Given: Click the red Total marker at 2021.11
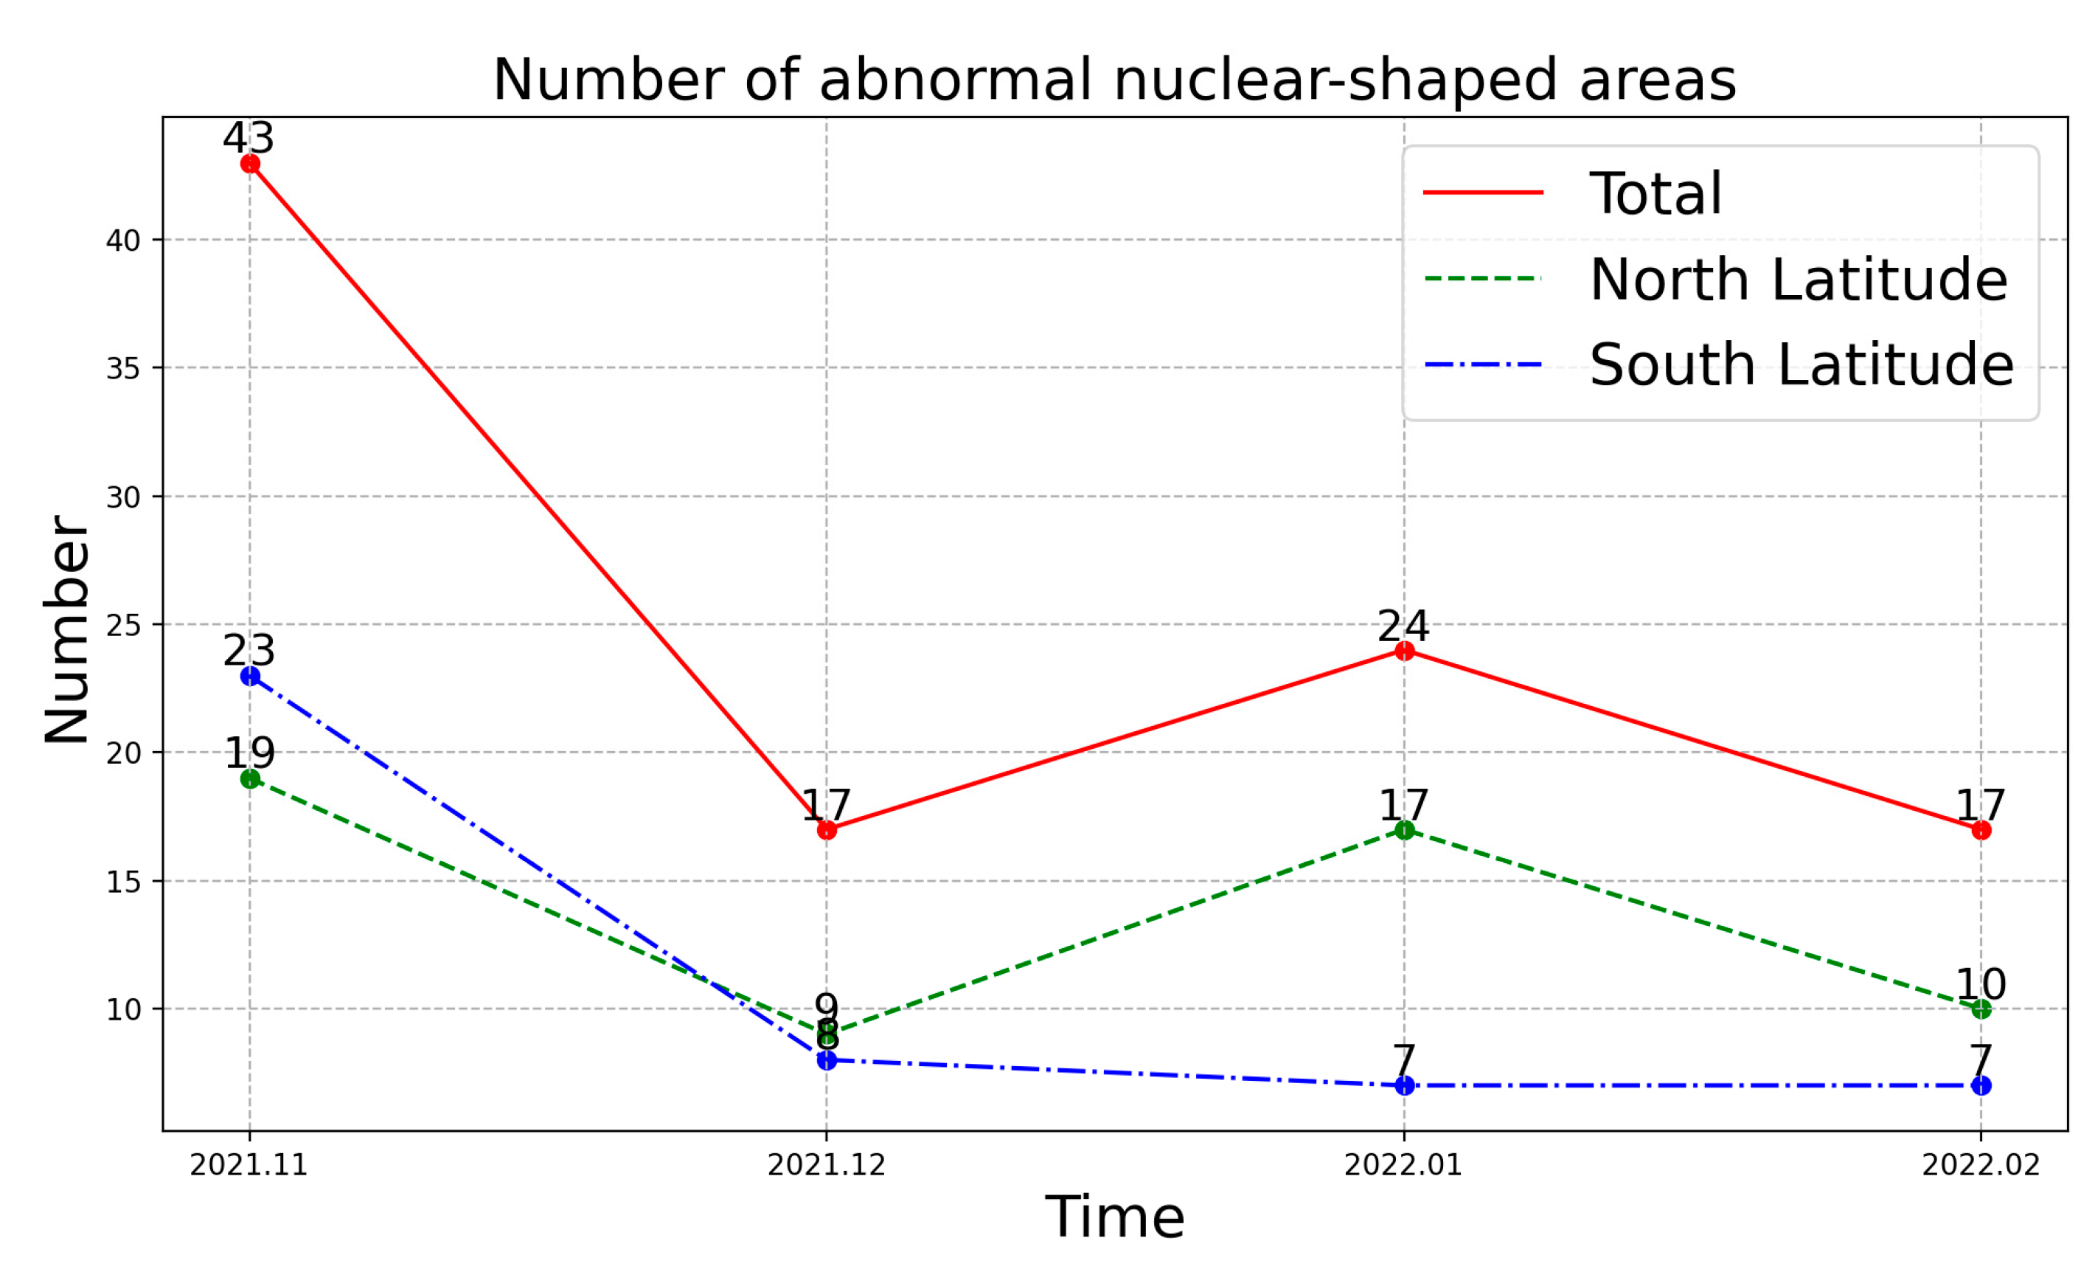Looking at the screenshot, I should (x=250, y=163).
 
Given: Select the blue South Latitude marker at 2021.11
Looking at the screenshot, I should (x=250, y=676).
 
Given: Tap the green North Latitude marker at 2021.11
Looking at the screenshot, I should (x=250, y=778).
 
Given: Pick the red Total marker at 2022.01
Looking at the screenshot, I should (x=1405, y=651).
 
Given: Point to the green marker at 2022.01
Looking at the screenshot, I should (x=1405, y=830).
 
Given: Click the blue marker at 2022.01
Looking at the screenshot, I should (x=1405, y=1086).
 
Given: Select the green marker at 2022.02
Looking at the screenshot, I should (x=1981, y=1009).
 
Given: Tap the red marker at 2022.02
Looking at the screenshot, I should (x=1981, y=830).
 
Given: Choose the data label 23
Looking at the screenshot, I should (x=249, y=651).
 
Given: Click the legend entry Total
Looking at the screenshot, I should (x=1655, y=194).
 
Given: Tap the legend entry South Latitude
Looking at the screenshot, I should (x=1801, y=365).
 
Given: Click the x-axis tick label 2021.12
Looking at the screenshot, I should (x=827, y=1165).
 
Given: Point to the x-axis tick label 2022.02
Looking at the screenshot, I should (x=1981, y=1165).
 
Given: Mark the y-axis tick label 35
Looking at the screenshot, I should (x=123, y=369).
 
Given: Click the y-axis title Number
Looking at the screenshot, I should (x=67, y=630).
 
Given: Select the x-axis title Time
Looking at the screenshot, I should (x=1115, y=1218).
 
